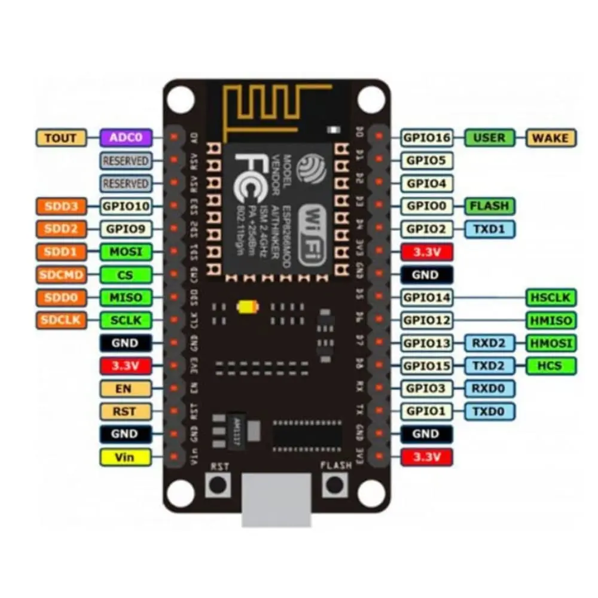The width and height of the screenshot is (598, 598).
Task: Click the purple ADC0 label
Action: click(x=126, y=138)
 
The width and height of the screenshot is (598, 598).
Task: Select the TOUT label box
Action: click(x=61, y=138)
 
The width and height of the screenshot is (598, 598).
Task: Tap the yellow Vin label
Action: click(x=126, y=457)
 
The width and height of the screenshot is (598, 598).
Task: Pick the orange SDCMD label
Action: click(x=61, y=274)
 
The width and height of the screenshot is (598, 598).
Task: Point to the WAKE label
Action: click(x=551, y=138)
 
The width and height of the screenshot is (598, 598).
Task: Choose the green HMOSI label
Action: click(x=551, y=343)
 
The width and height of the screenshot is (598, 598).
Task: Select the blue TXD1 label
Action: click(x=490, y=228)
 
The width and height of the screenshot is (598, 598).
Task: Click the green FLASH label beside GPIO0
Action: click(x=490, y=206)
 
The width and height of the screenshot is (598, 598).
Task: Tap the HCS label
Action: click(x=551, y=365)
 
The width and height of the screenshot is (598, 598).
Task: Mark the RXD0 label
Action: click(x=490, y=388)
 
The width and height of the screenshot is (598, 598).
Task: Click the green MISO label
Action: click(x=126, y=297)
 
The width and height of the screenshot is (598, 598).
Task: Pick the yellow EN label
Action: click(x=126, y=389)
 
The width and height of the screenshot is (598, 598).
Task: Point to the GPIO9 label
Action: click(x=126, y=228)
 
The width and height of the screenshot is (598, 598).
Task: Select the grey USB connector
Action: click(x=276, y=499)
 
